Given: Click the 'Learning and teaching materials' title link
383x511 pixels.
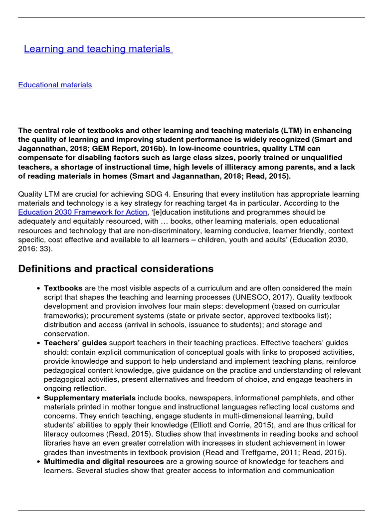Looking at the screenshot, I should point(98,49).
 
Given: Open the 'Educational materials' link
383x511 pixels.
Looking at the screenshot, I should point(55,85).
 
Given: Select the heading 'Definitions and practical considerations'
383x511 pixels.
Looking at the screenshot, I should point(116,268).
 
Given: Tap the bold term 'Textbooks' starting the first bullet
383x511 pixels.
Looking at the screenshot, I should point(63,288).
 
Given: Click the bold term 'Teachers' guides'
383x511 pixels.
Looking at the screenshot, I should point(75,343).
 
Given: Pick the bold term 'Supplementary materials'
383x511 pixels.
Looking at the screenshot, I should point(90,398).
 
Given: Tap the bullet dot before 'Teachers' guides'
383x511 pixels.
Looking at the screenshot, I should point(39,343).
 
